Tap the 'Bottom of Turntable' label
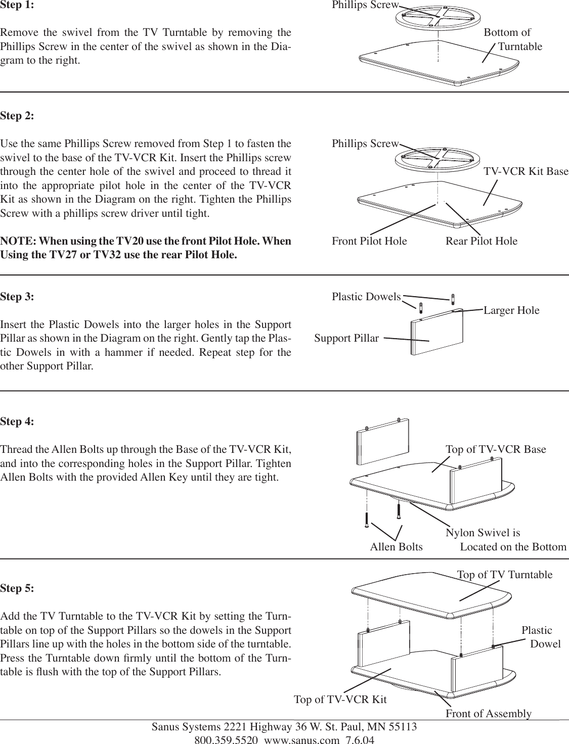[x=512, y=39]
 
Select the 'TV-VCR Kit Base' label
[x=526, y=171]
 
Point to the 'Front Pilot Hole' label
[x=369, y=241]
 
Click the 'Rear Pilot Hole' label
[x=481, y=241]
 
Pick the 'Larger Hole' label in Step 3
[x=511, y=310]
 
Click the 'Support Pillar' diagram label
[x=346, y=338]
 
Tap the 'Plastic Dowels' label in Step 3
[x=366, y=297]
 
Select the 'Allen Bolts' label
[x=396, y=547]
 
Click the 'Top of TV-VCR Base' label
[x=496, y=449]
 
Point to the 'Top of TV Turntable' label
[x=505, y=575]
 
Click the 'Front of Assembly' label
[x=488, y=714]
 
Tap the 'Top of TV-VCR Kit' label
[x=340, y=700]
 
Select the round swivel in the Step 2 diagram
[x=437, y=157]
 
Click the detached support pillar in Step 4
[x=383, y=440]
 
